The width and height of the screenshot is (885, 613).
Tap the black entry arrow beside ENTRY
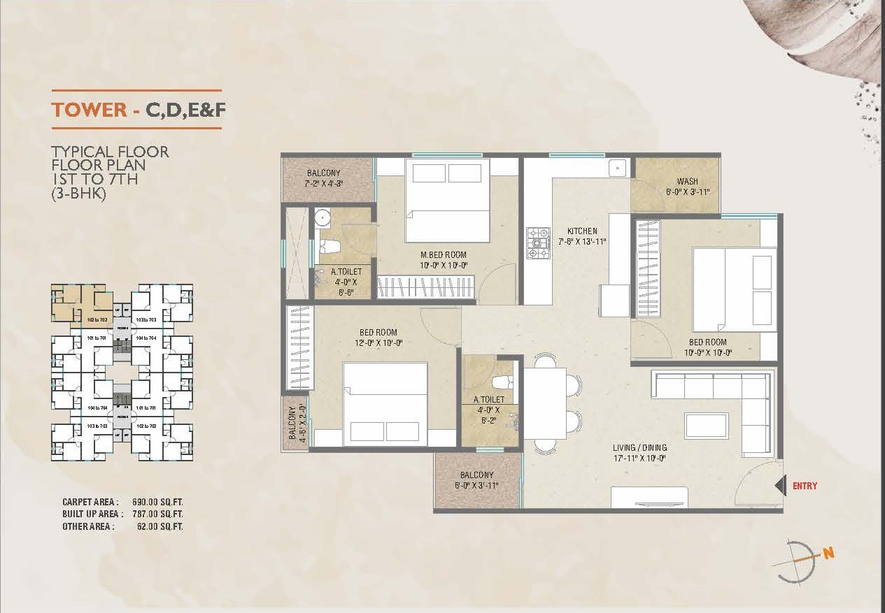point(779,486)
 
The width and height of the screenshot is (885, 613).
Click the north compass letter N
point(829,554)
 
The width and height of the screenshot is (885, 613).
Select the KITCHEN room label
point(582,231)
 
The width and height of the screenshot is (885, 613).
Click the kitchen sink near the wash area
point(617,168)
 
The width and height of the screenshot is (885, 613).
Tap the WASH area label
point(687,182)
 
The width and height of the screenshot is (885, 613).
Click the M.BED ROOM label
point(443,255)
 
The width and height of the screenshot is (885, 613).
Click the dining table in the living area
point(545,403)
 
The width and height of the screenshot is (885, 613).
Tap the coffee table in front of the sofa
point(705,425)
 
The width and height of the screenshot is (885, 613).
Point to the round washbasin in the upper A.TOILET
point(322,218)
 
